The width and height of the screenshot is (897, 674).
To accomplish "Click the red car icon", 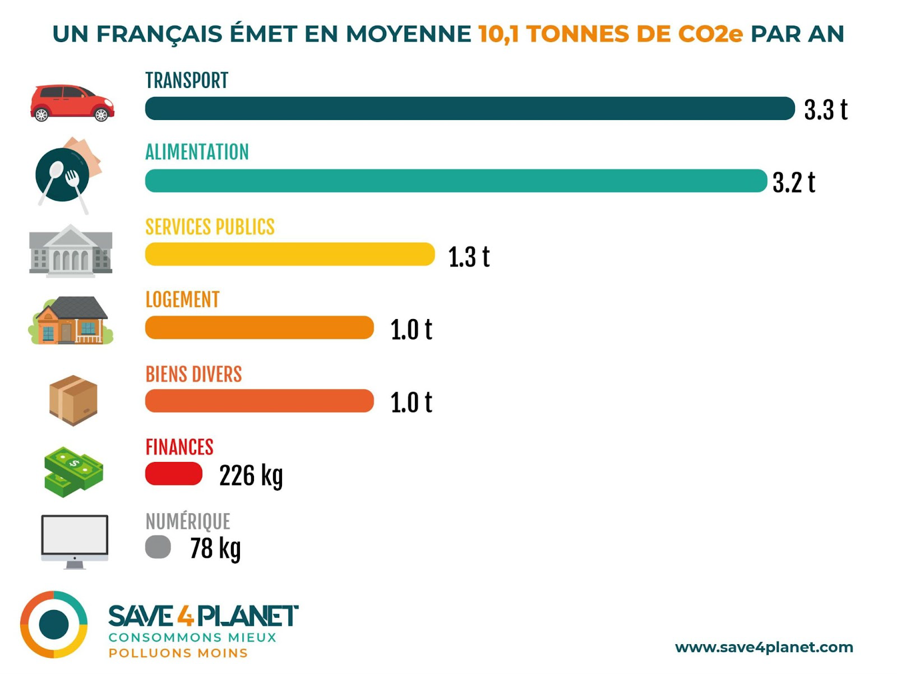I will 72,103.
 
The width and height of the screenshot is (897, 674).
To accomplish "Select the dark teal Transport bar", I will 470,108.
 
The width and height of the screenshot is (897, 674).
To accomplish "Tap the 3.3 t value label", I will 825,110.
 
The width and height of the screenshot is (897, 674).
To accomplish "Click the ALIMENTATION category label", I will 197,152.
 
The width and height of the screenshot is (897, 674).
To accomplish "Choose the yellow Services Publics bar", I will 290,254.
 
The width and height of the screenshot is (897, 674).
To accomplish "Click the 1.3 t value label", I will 469,257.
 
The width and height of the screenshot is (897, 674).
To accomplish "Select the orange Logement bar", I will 259,327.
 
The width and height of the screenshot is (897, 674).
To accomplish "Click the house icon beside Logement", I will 71,320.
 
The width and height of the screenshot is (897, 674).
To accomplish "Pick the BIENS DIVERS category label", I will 193,374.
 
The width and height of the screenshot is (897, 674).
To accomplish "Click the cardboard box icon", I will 73,400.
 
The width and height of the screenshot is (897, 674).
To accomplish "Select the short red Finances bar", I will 174,474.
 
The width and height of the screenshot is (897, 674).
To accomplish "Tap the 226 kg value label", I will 251,476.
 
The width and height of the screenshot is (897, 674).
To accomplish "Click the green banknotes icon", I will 73,472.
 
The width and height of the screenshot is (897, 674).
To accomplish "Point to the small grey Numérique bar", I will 158,547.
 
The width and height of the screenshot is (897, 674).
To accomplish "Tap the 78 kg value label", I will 215,548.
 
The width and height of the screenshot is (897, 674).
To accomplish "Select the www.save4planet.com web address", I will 764,647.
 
